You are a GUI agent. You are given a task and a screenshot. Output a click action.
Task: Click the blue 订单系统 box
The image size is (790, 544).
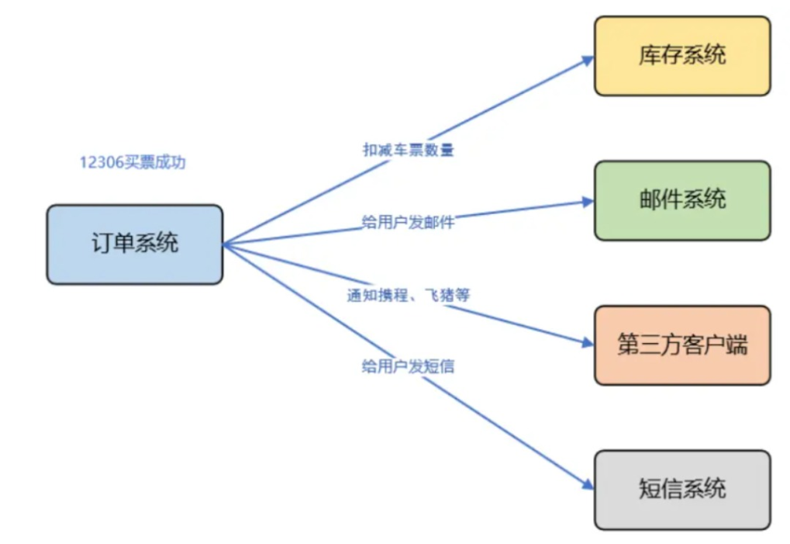[x=134, y=244]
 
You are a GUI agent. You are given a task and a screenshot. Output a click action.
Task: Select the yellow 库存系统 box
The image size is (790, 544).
[x=682, y=56]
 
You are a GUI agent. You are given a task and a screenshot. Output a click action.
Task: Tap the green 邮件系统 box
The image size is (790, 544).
[x=682, y=199]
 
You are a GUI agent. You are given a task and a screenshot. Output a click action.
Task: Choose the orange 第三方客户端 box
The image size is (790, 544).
[x=682, y=345]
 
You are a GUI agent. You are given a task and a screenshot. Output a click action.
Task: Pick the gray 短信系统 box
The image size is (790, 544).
[x=682, y=490]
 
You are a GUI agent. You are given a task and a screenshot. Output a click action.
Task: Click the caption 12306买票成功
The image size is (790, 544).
[x=133, y=163]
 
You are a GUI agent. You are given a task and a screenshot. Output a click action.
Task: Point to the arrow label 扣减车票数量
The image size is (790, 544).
[x=408, y=150]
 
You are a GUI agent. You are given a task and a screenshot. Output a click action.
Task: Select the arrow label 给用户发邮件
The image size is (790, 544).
[x=408, y=223]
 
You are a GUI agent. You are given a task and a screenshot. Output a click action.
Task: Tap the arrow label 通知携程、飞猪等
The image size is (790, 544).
[x=408, y=295]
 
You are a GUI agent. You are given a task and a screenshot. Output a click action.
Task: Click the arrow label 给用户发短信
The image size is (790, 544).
[x=408, y=367]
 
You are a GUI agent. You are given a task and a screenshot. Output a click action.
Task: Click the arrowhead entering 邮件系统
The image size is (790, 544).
[x=589, y=203]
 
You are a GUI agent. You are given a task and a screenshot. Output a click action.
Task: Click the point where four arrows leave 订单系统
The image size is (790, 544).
[x=225, y=244]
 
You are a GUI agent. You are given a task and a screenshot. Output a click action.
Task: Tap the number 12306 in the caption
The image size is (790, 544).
[x=101, y=163]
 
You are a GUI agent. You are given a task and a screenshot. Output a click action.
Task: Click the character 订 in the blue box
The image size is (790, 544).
[x=102, y=244]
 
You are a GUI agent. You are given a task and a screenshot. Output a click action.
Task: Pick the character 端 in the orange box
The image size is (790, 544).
[x=737, y=345]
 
